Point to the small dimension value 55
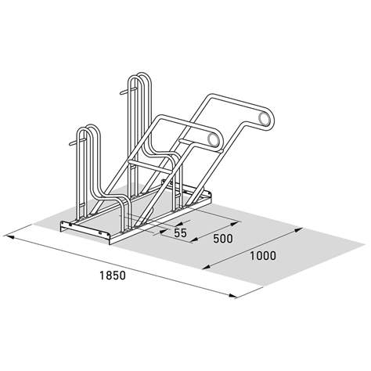click(180, 233)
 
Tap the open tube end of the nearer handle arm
click(211, 141)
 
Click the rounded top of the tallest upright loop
click(139, 77)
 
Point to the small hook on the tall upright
click(121, 93)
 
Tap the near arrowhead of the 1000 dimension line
click(206, 268)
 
